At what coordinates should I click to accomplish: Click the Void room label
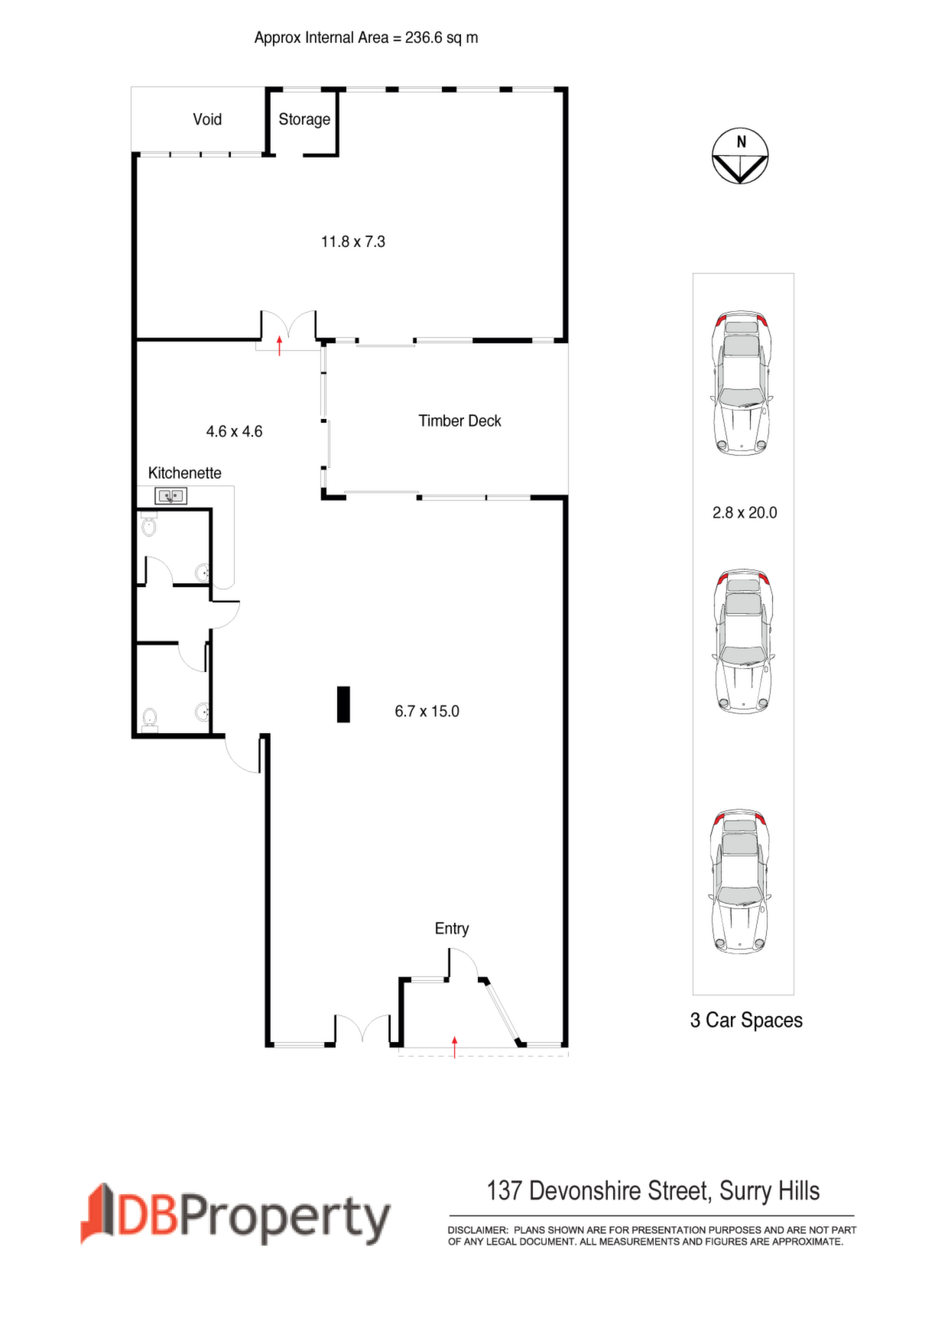[x=207, y=119]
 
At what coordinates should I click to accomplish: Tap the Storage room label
[x=304, y=119]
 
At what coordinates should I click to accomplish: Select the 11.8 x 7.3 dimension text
[x=353, y=242]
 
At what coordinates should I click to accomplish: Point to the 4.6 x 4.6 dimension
[x=234, y=431]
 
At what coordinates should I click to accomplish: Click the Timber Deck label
[x=459, y=420]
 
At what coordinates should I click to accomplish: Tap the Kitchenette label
[x=185, y=472]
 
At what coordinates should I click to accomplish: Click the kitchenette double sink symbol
[x=170, y=496]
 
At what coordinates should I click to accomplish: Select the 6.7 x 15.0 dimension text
[x=427, y=711]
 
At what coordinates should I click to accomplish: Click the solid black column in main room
[x=343, y=704]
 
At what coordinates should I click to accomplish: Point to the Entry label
[x=452, y=928]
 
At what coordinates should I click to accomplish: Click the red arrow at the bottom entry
[x=454, y=1047]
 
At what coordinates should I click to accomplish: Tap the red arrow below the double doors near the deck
[x=279, y=345]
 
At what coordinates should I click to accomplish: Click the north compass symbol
[x=740, y=156]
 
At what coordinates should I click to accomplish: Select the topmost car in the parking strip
[x=742, y=383]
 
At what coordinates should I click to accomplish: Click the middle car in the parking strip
[x=742, y=641]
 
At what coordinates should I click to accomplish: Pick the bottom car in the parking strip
[x=741, y=882]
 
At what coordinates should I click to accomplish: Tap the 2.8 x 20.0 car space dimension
[x=745, y=512]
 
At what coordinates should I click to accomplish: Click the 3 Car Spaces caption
[x=746, y=1020]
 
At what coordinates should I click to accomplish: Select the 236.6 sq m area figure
[x=442, y=37]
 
